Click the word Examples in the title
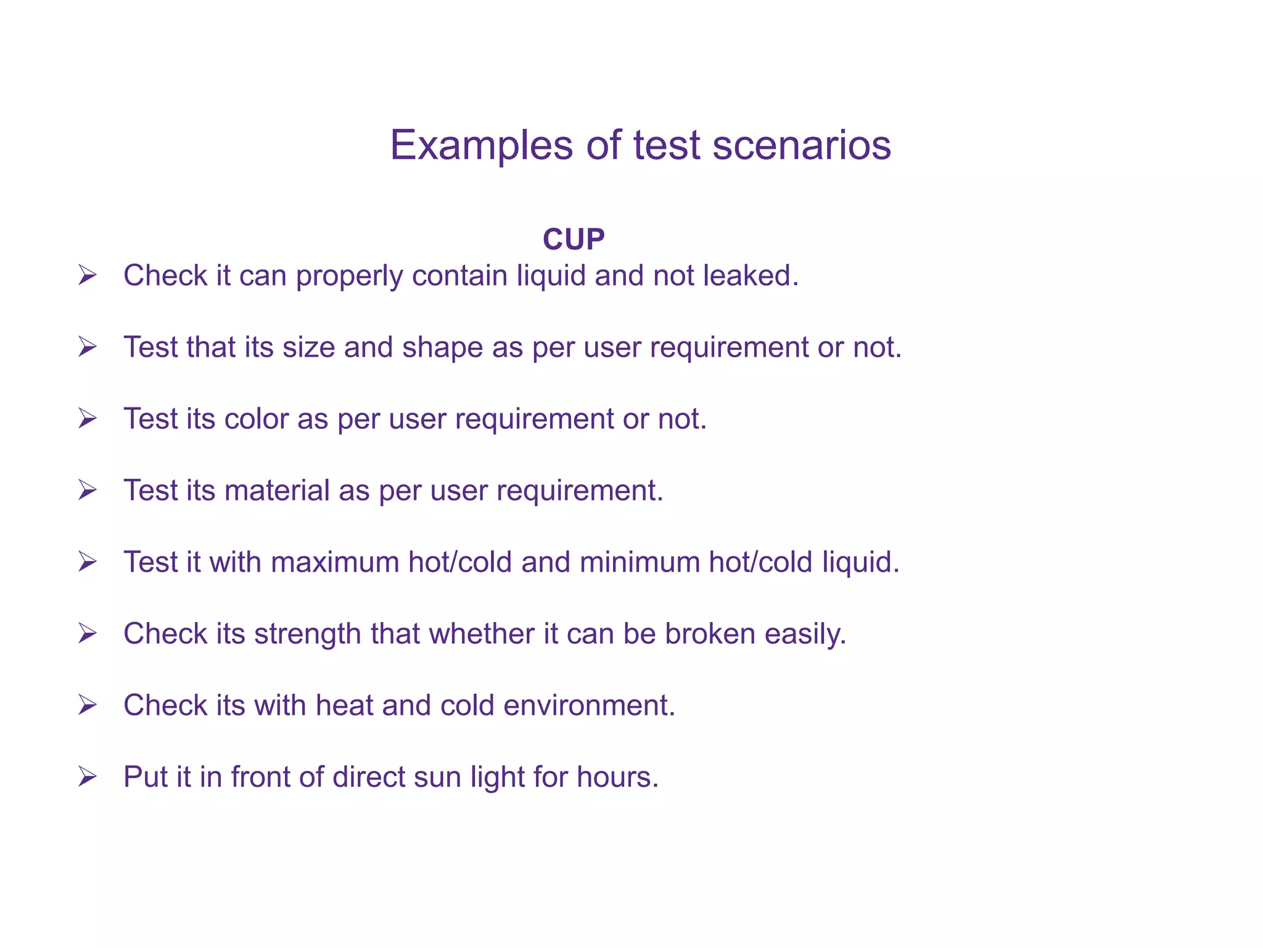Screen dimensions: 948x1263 click(482, 146)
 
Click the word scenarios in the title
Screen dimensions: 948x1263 click(801, 146)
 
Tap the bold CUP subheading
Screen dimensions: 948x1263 click(574, 239)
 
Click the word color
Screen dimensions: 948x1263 click(257, 418)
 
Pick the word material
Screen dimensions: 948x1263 click(278, 490)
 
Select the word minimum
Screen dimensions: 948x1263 click(639, 562)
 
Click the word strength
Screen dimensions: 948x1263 click(307, 633)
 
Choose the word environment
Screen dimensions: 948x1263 click(589, 705)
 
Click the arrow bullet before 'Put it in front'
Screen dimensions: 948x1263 click(88, 776)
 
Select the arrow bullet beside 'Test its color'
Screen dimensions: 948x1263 click(88, 418)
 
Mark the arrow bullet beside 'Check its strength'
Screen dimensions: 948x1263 click(88, 633)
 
